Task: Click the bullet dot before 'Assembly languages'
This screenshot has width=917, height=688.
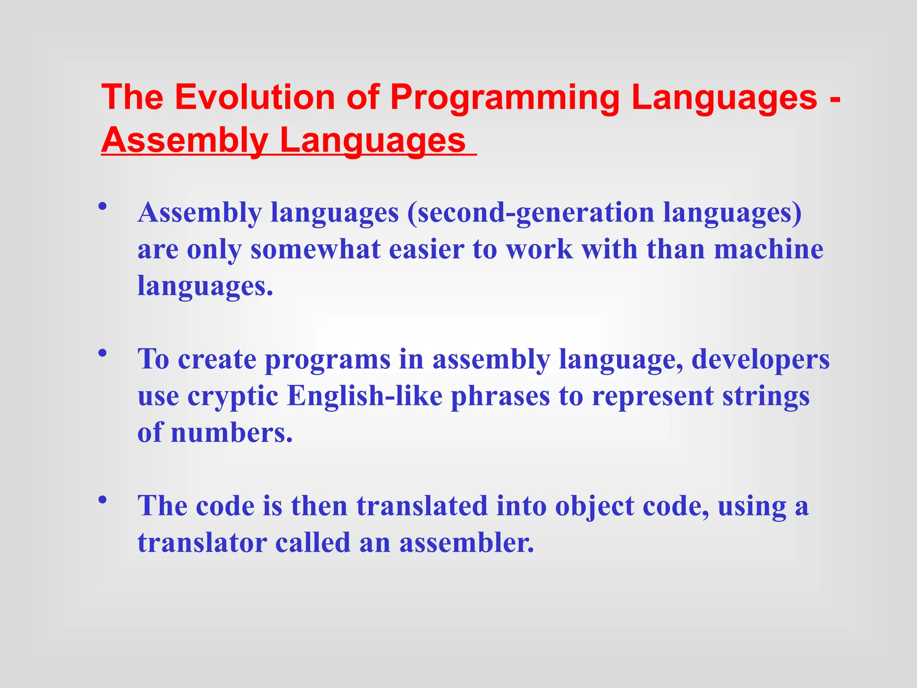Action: click(103, 206)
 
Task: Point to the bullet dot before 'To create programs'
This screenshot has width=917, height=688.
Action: click(103, 353)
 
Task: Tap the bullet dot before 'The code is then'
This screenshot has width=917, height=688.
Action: click(103, 500)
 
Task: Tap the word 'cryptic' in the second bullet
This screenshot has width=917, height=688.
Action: click(233, 397)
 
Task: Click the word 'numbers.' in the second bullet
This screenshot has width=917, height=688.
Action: click(231, 433)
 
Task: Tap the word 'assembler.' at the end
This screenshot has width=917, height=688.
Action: click(467, 543)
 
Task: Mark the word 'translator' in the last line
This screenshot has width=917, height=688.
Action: click(202, 543)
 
